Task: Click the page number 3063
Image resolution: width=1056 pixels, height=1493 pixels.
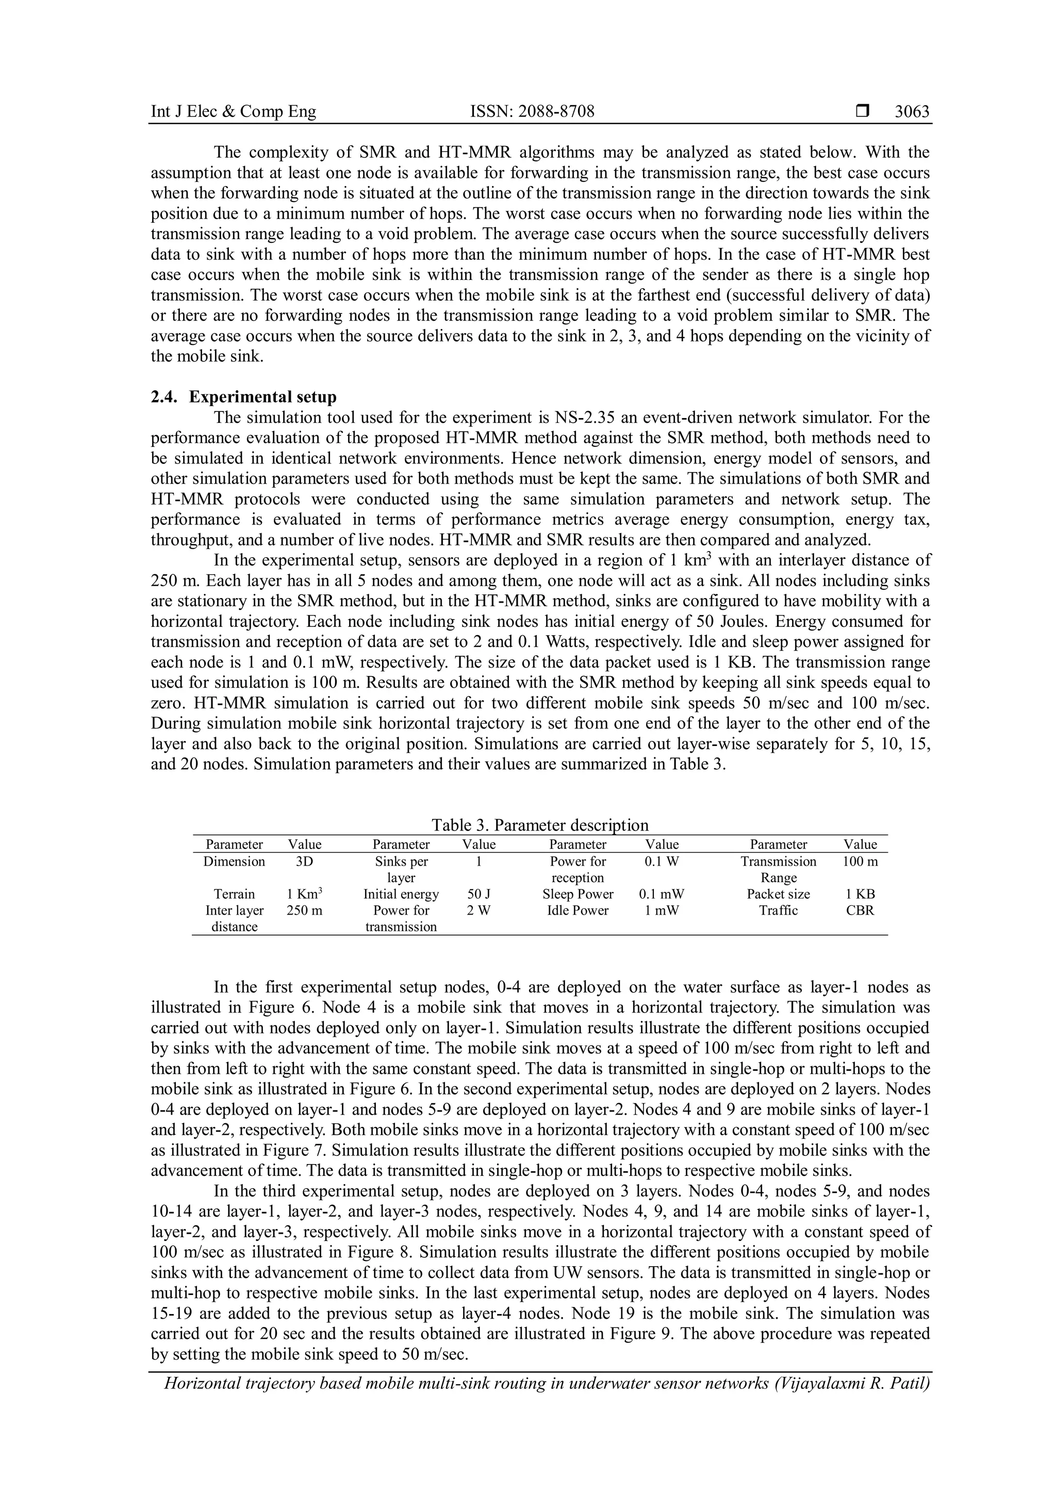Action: (x=912, y=112)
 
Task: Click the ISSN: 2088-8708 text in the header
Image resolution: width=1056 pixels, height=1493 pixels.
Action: (x=532, y=112)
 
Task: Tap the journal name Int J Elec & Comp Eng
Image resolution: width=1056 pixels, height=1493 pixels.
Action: (x=234, y=112)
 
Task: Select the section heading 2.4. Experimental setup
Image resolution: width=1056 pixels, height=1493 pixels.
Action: (x=244, y=396)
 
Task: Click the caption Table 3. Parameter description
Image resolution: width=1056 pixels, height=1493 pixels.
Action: (x=540, y=825)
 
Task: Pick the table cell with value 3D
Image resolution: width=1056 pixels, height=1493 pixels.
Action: (x=304, y=861)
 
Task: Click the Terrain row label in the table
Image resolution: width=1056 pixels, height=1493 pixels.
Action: (x=234, y=894)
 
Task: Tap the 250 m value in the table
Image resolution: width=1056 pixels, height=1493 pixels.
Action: (x=304, y=910)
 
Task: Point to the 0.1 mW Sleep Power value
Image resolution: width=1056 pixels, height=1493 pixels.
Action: (x=662, y=894)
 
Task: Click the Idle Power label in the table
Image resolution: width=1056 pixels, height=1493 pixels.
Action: (x=577, y=910)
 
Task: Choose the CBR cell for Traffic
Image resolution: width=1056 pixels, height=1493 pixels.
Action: (x=860, y=910)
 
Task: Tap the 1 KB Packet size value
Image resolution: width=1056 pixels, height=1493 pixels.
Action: (x=860, y=894)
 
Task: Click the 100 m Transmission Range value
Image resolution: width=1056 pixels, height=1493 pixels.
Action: (x=860, y=861)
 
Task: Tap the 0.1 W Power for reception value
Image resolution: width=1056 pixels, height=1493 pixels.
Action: (x=662, y=861)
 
